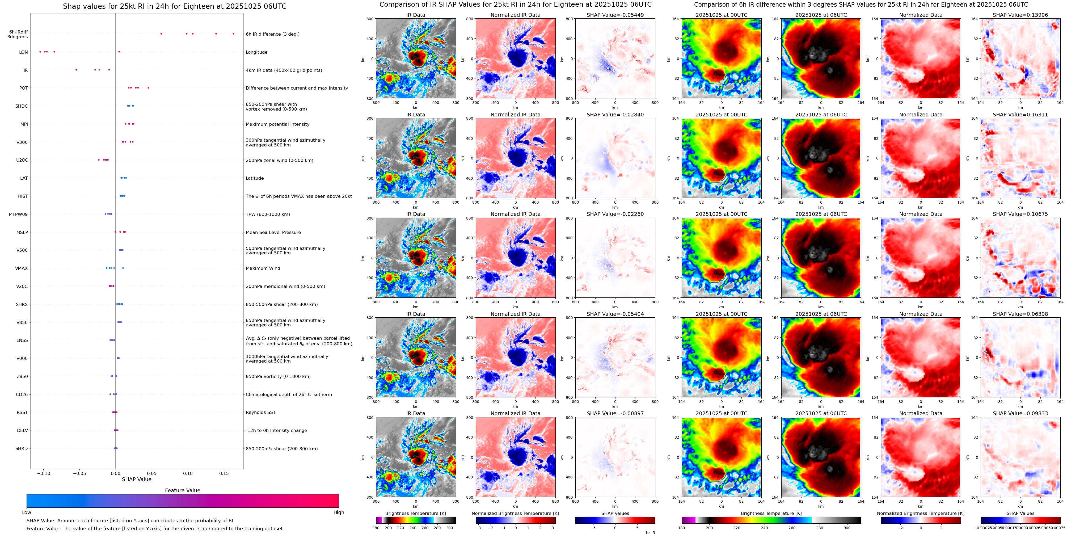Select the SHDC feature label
tap(22, 106)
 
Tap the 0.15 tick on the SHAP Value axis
tap(224, 473)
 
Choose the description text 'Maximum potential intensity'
tap(277, 124)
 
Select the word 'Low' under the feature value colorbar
tap(27, 512)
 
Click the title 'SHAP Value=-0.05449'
tap(615, 15)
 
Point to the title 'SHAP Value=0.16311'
tap(1020, 115)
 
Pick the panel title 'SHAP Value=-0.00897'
tap(615, 413)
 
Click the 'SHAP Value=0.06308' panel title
tap(1020, 314)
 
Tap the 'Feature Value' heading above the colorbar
tap(182, 490)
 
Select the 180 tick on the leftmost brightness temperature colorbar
tap(376, 528)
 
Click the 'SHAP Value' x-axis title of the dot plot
tap(137, 479)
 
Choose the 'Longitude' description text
tap(256, 52)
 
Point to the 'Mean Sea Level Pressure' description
tap(273, 232)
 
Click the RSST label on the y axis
tap(22, 412)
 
